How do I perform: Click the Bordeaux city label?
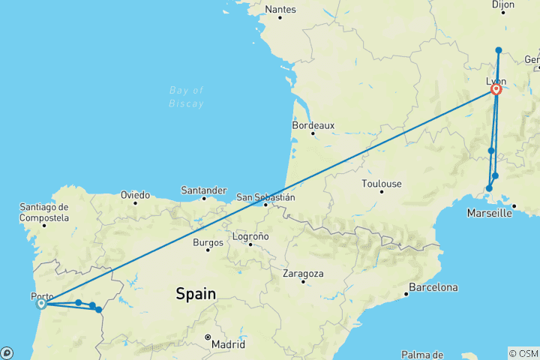point(313,125)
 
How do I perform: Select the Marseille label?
point(489,213)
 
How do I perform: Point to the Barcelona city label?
point(433,287)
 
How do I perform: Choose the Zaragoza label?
point(303,274)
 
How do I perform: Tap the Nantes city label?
point(280,10)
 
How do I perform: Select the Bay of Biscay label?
point(186,97)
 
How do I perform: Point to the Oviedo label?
point(135,195)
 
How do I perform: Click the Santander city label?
point(204,190)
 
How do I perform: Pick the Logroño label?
point(249,236)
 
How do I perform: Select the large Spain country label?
point(196,294)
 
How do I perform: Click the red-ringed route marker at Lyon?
point(496,90)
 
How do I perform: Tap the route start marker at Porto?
point(42,303)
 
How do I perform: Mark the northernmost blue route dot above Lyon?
point(499,50)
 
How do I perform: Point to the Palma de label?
point(423,354)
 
